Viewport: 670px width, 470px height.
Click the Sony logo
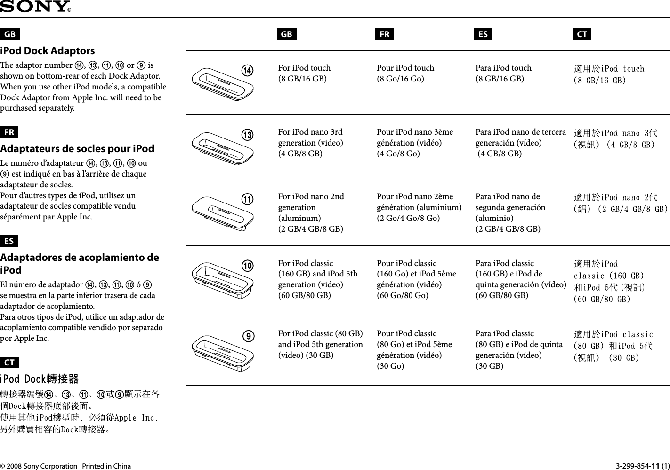click(35, 7)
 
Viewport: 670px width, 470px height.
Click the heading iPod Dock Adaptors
click(48, 51)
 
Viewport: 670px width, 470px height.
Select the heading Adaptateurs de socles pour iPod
click(77, 149)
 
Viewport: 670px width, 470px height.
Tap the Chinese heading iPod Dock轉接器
click(40, 379)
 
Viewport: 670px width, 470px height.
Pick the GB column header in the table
click(286, 34)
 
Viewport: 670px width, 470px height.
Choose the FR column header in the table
click(385, 34)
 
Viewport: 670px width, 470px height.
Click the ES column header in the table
click(483, 34)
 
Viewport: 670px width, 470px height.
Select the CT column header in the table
click(582, 34)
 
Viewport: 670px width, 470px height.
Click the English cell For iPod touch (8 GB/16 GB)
click(304, 73)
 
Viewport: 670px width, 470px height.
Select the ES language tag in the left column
click(9, 241)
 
